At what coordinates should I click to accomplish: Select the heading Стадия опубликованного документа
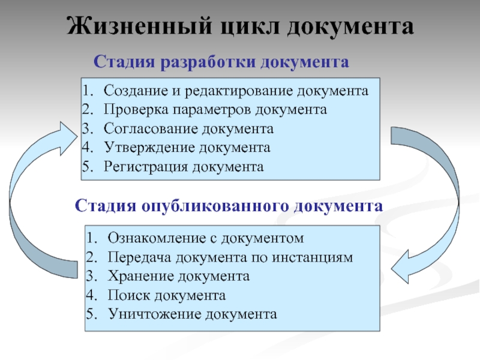coord(229,206)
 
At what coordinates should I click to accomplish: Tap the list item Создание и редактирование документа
coord(236,91)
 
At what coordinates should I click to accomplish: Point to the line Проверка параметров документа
coord(215,110)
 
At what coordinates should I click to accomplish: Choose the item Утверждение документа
coord(187,147)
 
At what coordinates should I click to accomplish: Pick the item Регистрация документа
coord(184,166)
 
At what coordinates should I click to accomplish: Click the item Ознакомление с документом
coord(206,238)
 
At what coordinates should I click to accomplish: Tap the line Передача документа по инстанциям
coord(230,257)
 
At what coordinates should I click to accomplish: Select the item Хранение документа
coord(179,276)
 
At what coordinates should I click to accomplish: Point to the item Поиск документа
coord(167,295)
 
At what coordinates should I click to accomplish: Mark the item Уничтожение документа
coord(193,313)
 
